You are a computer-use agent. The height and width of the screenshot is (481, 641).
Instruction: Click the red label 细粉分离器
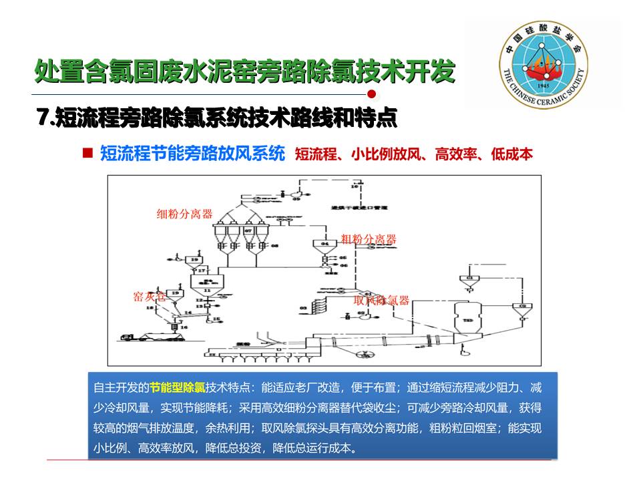point(184,214)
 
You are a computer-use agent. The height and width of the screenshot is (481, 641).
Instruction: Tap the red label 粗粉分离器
point(369,239)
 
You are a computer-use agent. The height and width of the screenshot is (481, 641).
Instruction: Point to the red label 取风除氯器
point(381,301)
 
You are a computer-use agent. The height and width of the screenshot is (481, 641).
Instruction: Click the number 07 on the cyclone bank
point(248,230)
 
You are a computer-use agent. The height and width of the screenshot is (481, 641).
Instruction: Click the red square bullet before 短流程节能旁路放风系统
point(87,153)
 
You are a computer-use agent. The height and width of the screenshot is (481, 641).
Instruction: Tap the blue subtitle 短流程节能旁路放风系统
point(192,154)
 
